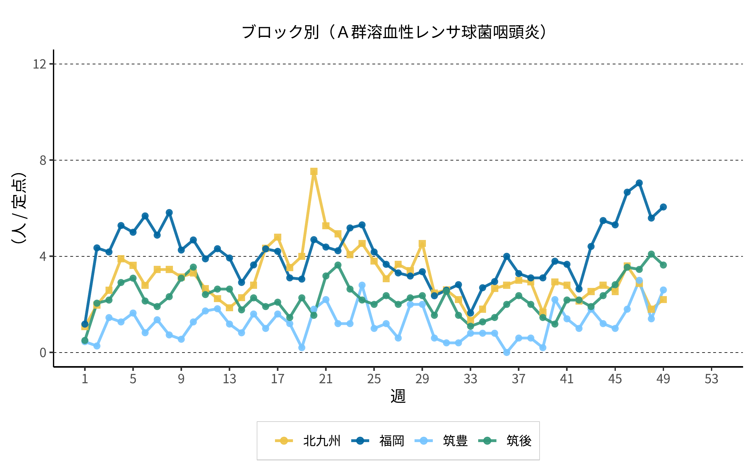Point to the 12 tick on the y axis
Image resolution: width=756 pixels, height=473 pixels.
tap(40, 64)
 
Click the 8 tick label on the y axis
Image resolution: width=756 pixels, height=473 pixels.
tap(43, 161)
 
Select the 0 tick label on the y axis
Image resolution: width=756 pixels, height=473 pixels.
tap(43, 353)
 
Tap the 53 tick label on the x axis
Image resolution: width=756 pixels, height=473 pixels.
tap(711, 379)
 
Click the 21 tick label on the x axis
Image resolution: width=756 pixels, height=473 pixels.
tap(326, 379)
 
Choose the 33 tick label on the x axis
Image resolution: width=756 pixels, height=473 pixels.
tap(470, 379)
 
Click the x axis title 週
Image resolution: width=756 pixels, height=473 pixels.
tap(398, 396)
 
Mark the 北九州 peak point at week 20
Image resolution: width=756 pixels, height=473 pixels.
tap(314, 172)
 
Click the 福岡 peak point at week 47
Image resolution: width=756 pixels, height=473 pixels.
tap(639, 183)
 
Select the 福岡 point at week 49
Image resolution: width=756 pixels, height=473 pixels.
tap(663, 207)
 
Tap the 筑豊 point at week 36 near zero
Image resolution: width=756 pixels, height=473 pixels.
tap(507, 352)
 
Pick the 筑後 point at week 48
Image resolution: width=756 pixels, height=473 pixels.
tap(651, 254)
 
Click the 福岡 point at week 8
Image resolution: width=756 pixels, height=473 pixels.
tap(169, 213)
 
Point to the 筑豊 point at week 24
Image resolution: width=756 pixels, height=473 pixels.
tap(362, 285)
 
